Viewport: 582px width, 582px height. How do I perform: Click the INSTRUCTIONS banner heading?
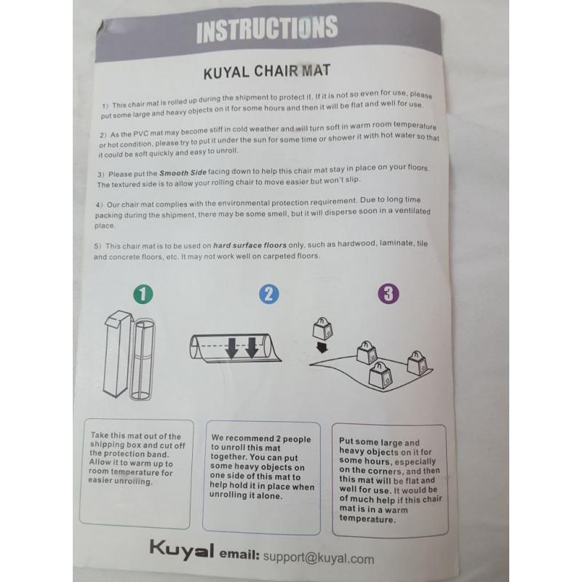[267, 28]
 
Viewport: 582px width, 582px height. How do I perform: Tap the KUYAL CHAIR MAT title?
[266, 71]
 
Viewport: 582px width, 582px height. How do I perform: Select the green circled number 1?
[143, 294]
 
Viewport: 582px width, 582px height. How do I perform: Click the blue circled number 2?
[268, 294]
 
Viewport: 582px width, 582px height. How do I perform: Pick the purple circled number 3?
[388, 294]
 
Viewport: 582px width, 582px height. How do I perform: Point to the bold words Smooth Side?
[183, 172]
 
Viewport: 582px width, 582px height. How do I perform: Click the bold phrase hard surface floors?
[250, 245]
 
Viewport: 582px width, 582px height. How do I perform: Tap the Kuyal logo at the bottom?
[181, 550]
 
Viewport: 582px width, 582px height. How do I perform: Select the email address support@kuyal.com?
[319, 558]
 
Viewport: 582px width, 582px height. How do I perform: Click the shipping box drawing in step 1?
[117, 353]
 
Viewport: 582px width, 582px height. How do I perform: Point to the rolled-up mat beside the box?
[143, 359]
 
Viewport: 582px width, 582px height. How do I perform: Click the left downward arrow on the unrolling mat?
[231, 348]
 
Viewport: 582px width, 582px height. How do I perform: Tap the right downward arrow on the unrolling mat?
[252, 348]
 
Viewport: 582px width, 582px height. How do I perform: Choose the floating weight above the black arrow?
[322, 329]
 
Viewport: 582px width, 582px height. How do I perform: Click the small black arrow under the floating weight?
[322, 348]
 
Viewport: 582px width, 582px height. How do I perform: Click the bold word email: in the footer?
[239, 554]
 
